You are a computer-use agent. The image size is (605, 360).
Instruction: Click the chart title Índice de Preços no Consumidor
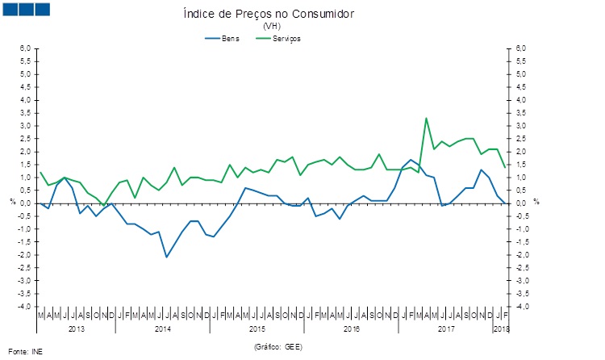coord(269,15)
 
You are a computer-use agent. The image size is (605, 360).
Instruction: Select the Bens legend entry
coord(230,38)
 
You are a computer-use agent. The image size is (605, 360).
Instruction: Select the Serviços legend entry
coord(287,38)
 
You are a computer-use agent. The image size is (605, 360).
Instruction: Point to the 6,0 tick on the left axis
coord(26,48)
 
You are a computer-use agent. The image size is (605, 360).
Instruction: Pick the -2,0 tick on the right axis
coord(523,255)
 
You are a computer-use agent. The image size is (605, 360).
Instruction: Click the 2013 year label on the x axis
coord(77,329)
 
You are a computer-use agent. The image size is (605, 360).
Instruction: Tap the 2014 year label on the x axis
coord(162,329)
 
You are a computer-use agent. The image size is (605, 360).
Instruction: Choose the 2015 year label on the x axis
coord(257,329)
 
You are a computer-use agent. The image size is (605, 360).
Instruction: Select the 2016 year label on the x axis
coord(352,329)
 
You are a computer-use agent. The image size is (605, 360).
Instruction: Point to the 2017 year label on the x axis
coord(446,329)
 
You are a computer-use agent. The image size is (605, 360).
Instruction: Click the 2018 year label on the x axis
coord(501,329)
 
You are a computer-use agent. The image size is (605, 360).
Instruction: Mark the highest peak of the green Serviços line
coord(426,119)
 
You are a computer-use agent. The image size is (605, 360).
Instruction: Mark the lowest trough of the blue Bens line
coord(166,257)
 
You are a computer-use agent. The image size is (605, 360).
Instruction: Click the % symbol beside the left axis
coord(12,202)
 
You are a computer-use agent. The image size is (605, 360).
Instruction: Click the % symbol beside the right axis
coord(536,202)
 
